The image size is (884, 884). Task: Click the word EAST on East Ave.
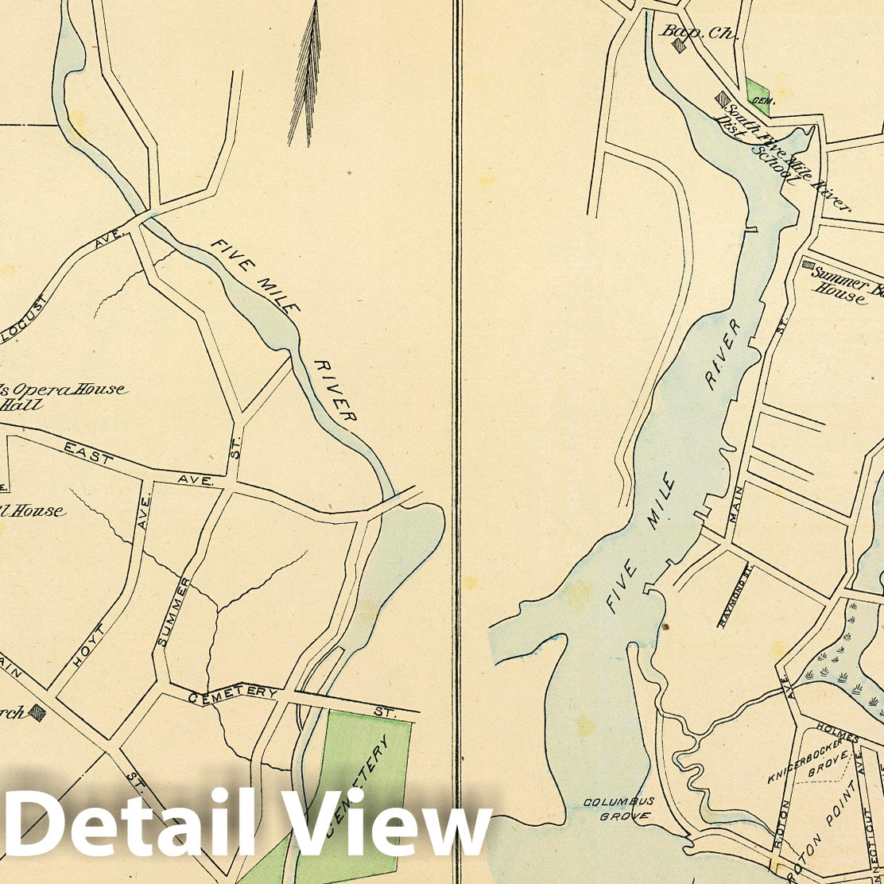87,452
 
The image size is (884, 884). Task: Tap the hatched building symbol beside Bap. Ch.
679,45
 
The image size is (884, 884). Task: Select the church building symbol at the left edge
37,712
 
